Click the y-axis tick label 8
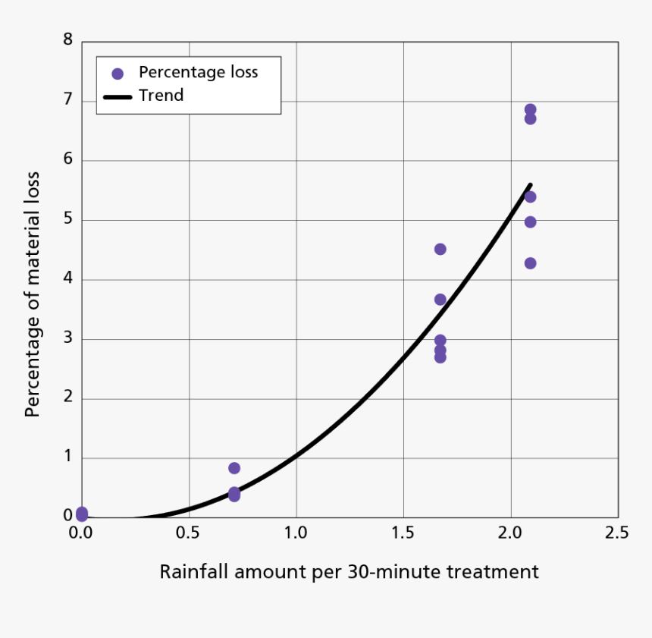[x=67, y=39]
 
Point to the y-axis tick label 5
[x=67, y=219]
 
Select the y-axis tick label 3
[x=67, y=338]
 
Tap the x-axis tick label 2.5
[x=617, y=533]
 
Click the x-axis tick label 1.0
[x=296, y=533]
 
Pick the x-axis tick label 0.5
[x=188, y=533]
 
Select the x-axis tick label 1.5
[x=403, y=533]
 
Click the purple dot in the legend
[x=118, y=74]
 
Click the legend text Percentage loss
[x=198, y=73]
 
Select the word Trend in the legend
[x=161, y=96]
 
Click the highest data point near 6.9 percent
[x=530, y=110]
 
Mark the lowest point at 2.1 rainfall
[x=530, y=263]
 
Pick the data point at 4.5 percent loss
[x=440, y=249]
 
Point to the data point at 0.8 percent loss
[x=234, y=468]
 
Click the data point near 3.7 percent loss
[x=440, y=299]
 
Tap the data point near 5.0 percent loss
[x=530, y=222]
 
